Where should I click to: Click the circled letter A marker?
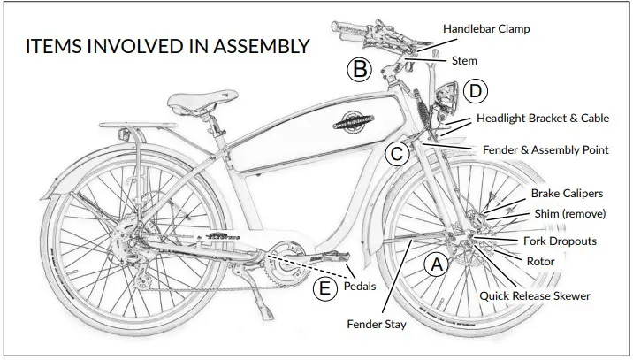(x=434, y=263)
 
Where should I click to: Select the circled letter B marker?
(x=358, y=69)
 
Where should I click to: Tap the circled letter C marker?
(x=398, y=153)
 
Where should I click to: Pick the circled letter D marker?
(x=476, y=90)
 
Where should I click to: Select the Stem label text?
(x=464, y=61)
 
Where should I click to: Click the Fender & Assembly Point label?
(x=545, y=149)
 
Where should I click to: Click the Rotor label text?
(x=540, y=262)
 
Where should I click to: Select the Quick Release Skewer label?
(x=534, y=295)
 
